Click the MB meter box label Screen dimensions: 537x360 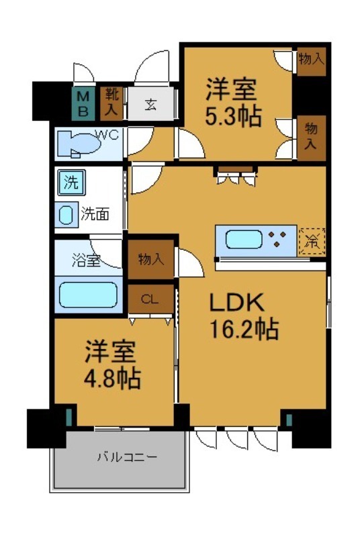(x=83, y=103)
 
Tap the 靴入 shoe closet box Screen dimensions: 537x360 (x=110, y=102)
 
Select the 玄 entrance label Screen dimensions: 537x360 (x=151, y=104)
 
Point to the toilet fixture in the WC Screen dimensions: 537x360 (x=78, y=142)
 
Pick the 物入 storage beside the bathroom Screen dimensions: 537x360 (x=151, y=258)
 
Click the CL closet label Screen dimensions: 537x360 (x=150, y=299)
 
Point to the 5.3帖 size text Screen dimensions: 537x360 (x=232, y=116)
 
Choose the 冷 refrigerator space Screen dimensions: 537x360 (x=312, y=240)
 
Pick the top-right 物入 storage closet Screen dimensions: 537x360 (x=311, y=59)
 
